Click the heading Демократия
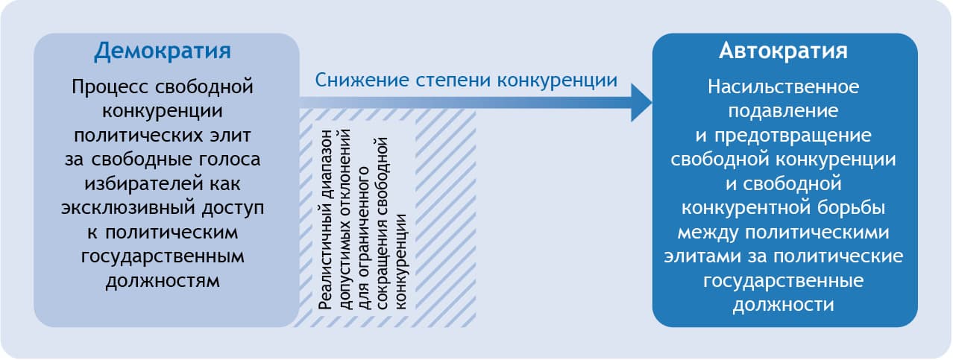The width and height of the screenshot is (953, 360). [162, 51]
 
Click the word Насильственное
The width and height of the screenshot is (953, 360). [783, 87]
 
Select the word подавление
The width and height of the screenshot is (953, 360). [783, 111]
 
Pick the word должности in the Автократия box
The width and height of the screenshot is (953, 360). [783, 304]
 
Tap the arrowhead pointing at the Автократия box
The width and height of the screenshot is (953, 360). [641, 102]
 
